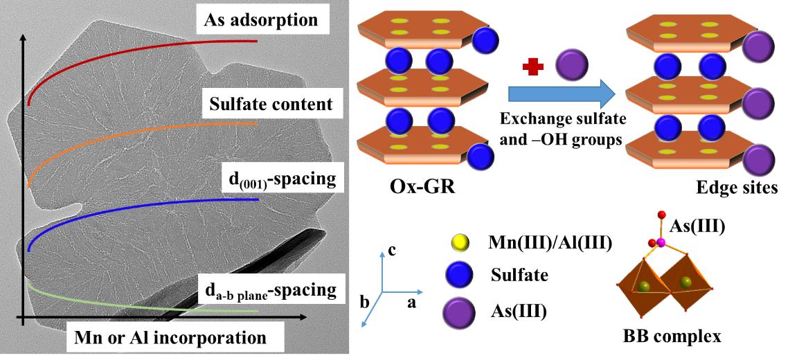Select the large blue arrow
coord(562,93)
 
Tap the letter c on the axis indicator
coord(391,249)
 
